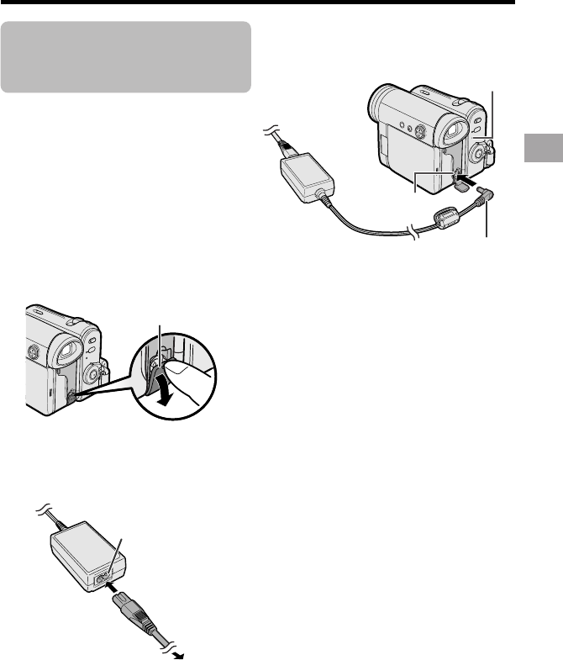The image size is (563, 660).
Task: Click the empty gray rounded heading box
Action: click(126, 57)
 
